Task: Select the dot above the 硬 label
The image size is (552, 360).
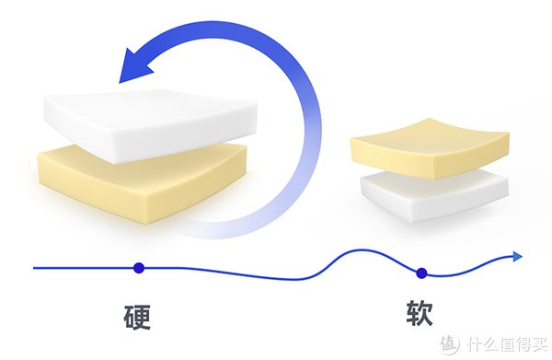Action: click(138, 268)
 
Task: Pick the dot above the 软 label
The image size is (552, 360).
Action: click(421, 272)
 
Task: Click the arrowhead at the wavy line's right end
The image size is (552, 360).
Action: click(517, 257)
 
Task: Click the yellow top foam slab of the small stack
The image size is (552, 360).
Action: click(428, 147)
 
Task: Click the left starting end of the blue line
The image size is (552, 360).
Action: click(35, 268)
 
